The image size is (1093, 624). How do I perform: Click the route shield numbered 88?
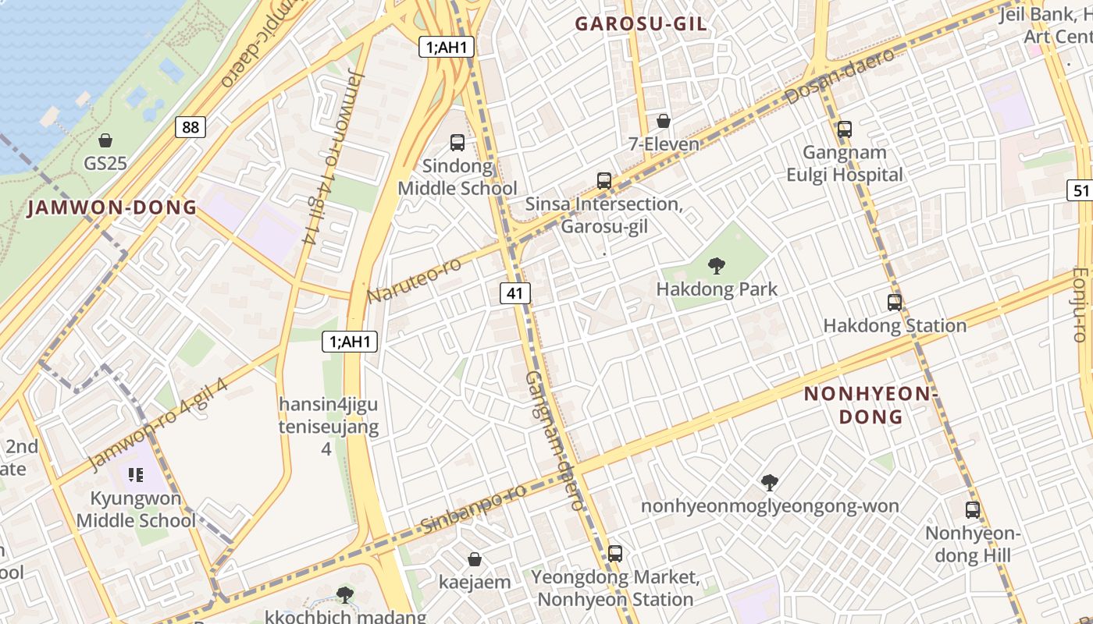tap(190, 127)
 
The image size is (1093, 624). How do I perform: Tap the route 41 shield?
tap(514, 293)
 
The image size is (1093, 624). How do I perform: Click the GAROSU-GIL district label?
tap(641, 24)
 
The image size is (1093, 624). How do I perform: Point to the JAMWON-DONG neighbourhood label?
tap(112, 207)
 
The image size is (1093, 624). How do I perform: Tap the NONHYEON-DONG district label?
tap(870, 405)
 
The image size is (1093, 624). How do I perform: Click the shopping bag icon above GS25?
tap(105, 140)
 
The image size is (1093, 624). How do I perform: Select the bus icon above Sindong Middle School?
tap(457, 143)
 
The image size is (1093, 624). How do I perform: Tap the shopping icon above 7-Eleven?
tap(664, 121)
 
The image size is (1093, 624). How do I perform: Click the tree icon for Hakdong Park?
tap(716, 266)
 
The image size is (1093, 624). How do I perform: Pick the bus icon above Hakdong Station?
tap(895, 303)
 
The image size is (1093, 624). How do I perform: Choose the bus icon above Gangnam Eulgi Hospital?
tap(844, 129)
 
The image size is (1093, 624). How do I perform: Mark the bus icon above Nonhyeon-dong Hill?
tap(973, 510)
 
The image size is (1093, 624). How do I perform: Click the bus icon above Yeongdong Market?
tap(615, 554)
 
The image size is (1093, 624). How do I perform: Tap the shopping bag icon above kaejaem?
tap(474, 559)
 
